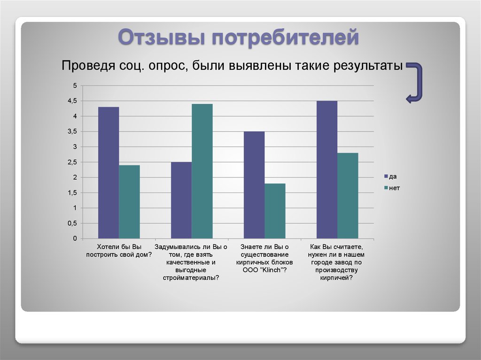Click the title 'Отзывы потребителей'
[238, 38]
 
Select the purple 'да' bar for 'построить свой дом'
[109, 173]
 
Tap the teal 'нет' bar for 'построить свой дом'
[130, 202]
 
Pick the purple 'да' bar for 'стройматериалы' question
[181, 200]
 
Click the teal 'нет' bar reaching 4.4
[202, 171]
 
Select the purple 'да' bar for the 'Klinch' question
[254, 185]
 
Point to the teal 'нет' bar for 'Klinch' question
[275, 211]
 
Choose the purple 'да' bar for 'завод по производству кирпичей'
[327, 169]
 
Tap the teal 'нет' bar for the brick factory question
[348, 196]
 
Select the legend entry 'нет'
[392, 188]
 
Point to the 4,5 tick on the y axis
[72, 101]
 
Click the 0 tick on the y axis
[75, 238]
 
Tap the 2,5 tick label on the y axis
[72, 162]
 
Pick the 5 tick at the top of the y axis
[75, 85]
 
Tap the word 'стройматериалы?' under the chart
[191, 278]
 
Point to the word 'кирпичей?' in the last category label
[336, 278]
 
